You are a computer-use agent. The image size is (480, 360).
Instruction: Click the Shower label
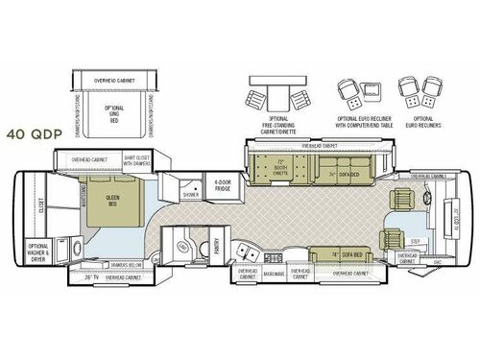point(191,193)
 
